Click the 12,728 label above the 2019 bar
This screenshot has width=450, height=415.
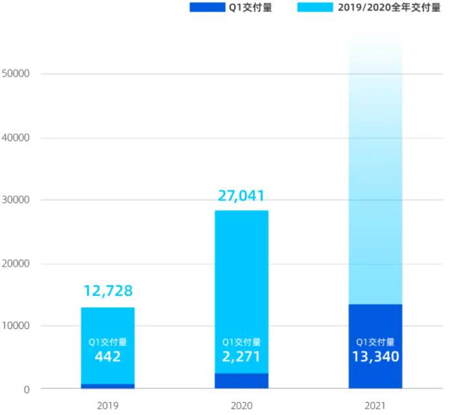tap(107, 292)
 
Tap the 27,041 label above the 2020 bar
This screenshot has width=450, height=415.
tap(241, 196)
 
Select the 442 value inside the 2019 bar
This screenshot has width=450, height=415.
tap(107, 356)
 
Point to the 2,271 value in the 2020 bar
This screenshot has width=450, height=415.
tap(241, 356)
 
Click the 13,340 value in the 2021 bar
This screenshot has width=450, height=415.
tap(375, 356)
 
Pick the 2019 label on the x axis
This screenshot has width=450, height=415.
tap(107, 405)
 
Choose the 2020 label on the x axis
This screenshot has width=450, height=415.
tap(241, 405)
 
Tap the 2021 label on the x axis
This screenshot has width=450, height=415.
tap(375, 405)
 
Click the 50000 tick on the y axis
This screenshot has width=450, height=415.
tap(17, 74)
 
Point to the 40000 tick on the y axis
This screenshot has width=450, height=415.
tap(17, 138)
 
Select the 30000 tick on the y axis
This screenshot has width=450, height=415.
tap(17, 200)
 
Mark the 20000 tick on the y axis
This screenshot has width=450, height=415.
tap(17, 264)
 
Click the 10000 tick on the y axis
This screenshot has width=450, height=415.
tap(17, 326)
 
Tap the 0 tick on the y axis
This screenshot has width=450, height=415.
tap(27, 389)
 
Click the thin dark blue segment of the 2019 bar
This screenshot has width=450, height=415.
tap(107, 387)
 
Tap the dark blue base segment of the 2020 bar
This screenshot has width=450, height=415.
tap(241, 381)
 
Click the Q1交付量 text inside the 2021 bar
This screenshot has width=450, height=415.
tap(375, 342)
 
